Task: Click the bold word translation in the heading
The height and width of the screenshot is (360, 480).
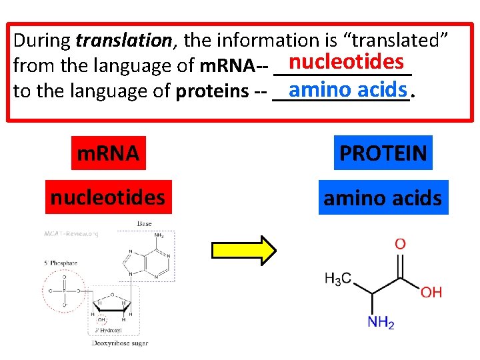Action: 123,41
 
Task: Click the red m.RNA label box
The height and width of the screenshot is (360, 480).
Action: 108,153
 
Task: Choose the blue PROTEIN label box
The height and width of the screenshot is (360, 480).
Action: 383,153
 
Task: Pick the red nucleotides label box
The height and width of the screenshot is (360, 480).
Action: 108,197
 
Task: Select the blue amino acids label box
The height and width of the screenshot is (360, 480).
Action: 383,198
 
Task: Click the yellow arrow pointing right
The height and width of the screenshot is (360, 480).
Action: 243,250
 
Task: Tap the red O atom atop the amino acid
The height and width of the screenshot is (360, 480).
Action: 399,245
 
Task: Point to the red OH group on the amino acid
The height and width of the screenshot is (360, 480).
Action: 431,292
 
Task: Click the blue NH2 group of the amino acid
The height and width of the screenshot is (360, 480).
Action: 381,323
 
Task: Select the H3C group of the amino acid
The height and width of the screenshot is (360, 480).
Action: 338,280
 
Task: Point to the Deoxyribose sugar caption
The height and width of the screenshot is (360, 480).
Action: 120,343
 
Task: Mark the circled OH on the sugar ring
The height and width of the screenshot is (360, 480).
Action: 101,319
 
